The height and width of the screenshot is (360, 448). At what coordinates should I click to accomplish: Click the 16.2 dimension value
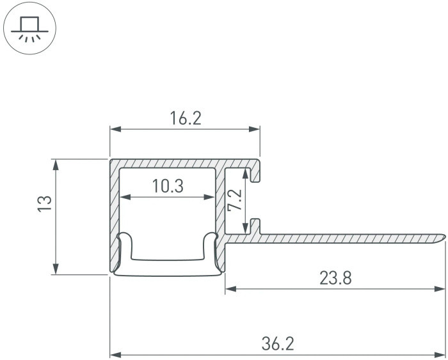tap(186, 118)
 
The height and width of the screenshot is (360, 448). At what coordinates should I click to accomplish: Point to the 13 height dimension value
tap(44, 205)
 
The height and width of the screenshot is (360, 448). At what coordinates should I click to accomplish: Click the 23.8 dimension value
tap(334, 278)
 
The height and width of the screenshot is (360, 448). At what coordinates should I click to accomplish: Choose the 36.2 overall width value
tap(278, 344)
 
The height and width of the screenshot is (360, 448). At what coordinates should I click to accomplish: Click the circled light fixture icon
tap(29, 29)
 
